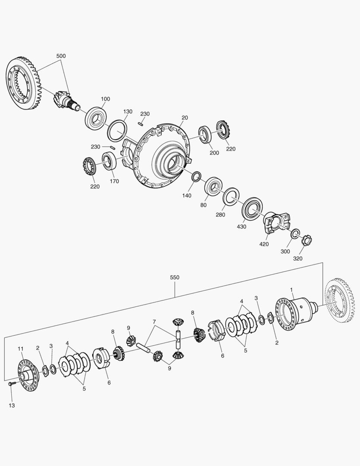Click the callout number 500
[61, 56]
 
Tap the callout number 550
[175, 277]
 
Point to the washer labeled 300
[295, 234]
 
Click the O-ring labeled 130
[117, 130]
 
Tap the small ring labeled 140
[196, 176]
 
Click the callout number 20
[185, 117]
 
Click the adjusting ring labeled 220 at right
[222, 129]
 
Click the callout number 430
[241, 227]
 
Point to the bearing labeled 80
[214, 186]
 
